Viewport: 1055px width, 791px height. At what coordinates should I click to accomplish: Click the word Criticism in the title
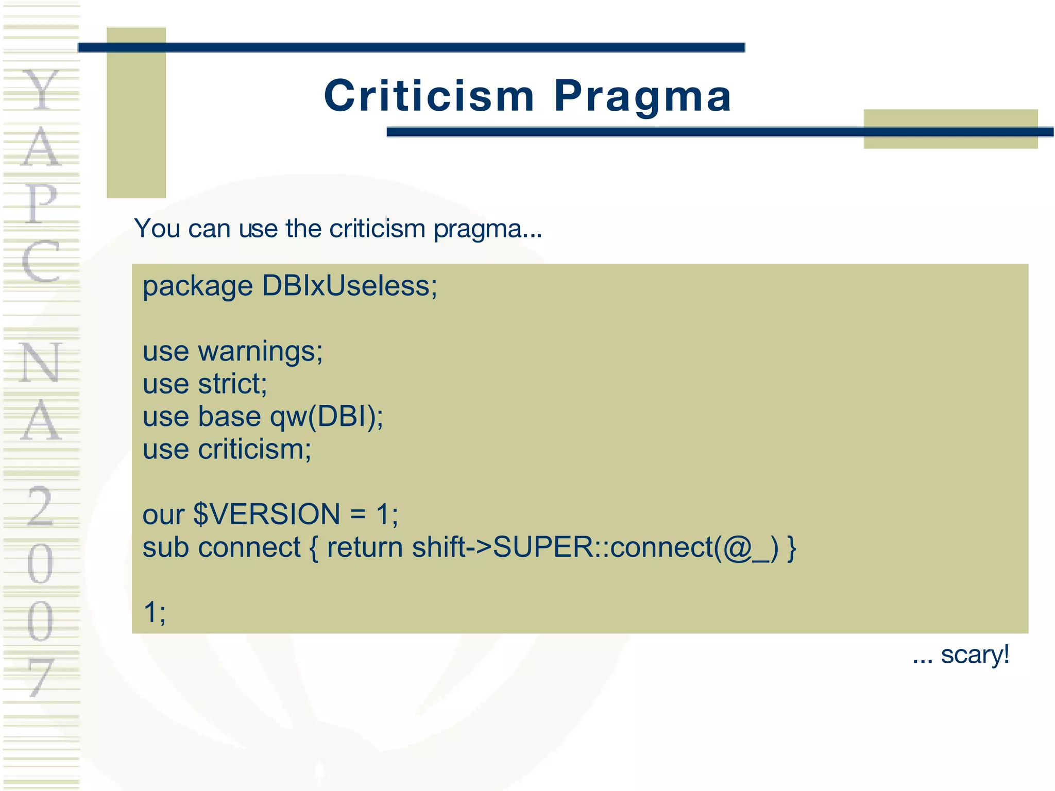[x=429, y=96]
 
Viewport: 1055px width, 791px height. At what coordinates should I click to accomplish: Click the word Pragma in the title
[x=642, y=96]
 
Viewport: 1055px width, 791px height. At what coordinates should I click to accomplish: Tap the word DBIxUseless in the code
[x=349, y=286]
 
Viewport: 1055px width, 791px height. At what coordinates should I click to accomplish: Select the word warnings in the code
[x=260, y=352]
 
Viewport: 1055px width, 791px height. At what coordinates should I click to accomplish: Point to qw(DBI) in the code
[x=326, y=417]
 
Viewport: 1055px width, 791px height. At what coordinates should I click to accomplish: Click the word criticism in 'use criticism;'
[x=254, y=449]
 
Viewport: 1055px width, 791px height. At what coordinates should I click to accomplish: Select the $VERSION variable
[x=266, y=514]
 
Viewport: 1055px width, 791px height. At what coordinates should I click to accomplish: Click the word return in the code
[x=365, y=547]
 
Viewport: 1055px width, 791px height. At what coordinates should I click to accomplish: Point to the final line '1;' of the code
[x=154, y=612]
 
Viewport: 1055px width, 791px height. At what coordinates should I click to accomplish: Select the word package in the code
[x=197, y=287]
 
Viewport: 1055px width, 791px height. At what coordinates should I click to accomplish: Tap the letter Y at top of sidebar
[x=41, y=90]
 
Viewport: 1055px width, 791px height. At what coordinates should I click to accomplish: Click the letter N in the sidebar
[x=41, y=363]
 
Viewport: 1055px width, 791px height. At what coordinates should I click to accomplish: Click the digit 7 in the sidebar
[x=41, y=678]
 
